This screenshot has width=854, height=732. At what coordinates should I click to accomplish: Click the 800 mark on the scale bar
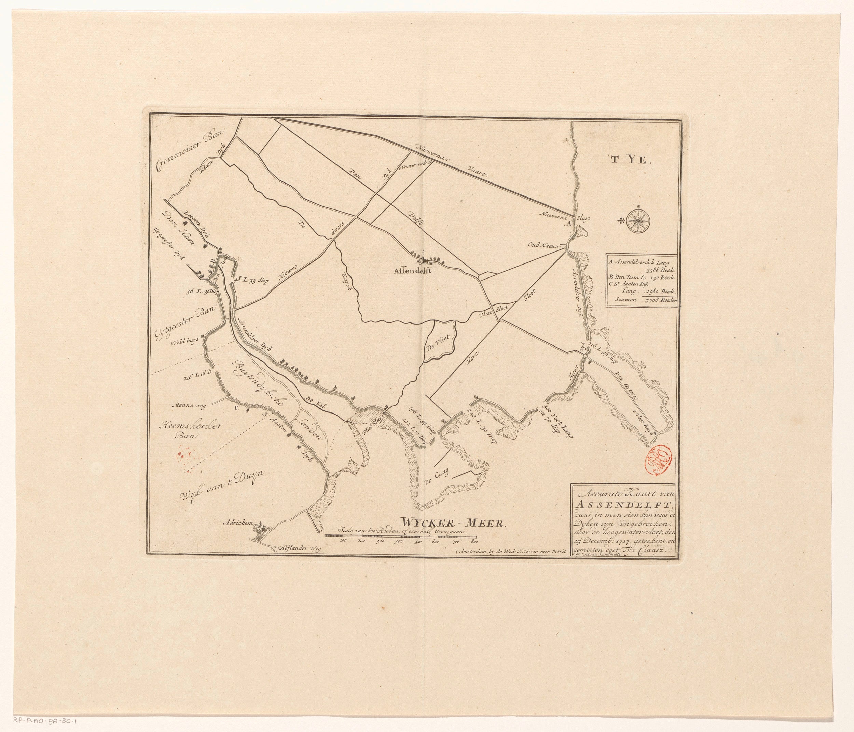tap(474, 540)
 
